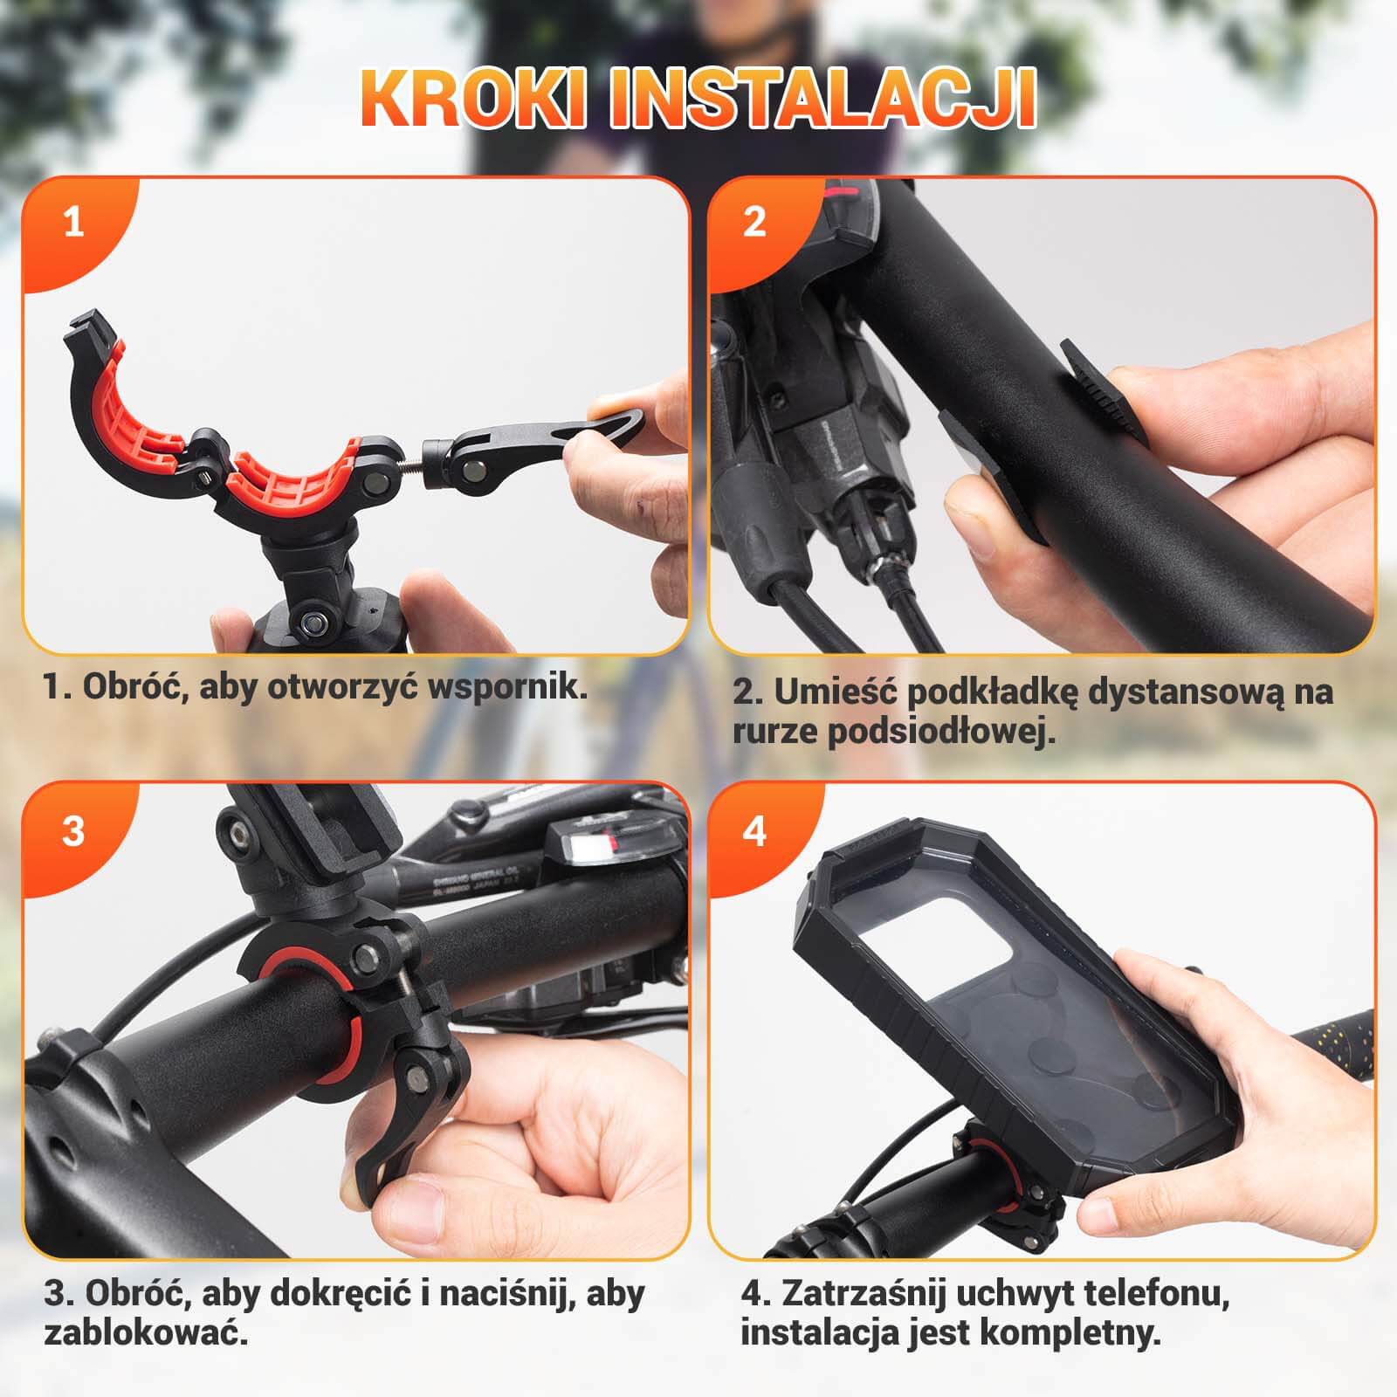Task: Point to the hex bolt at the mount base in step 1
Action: pyautogui.click(x=314, y=622)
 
